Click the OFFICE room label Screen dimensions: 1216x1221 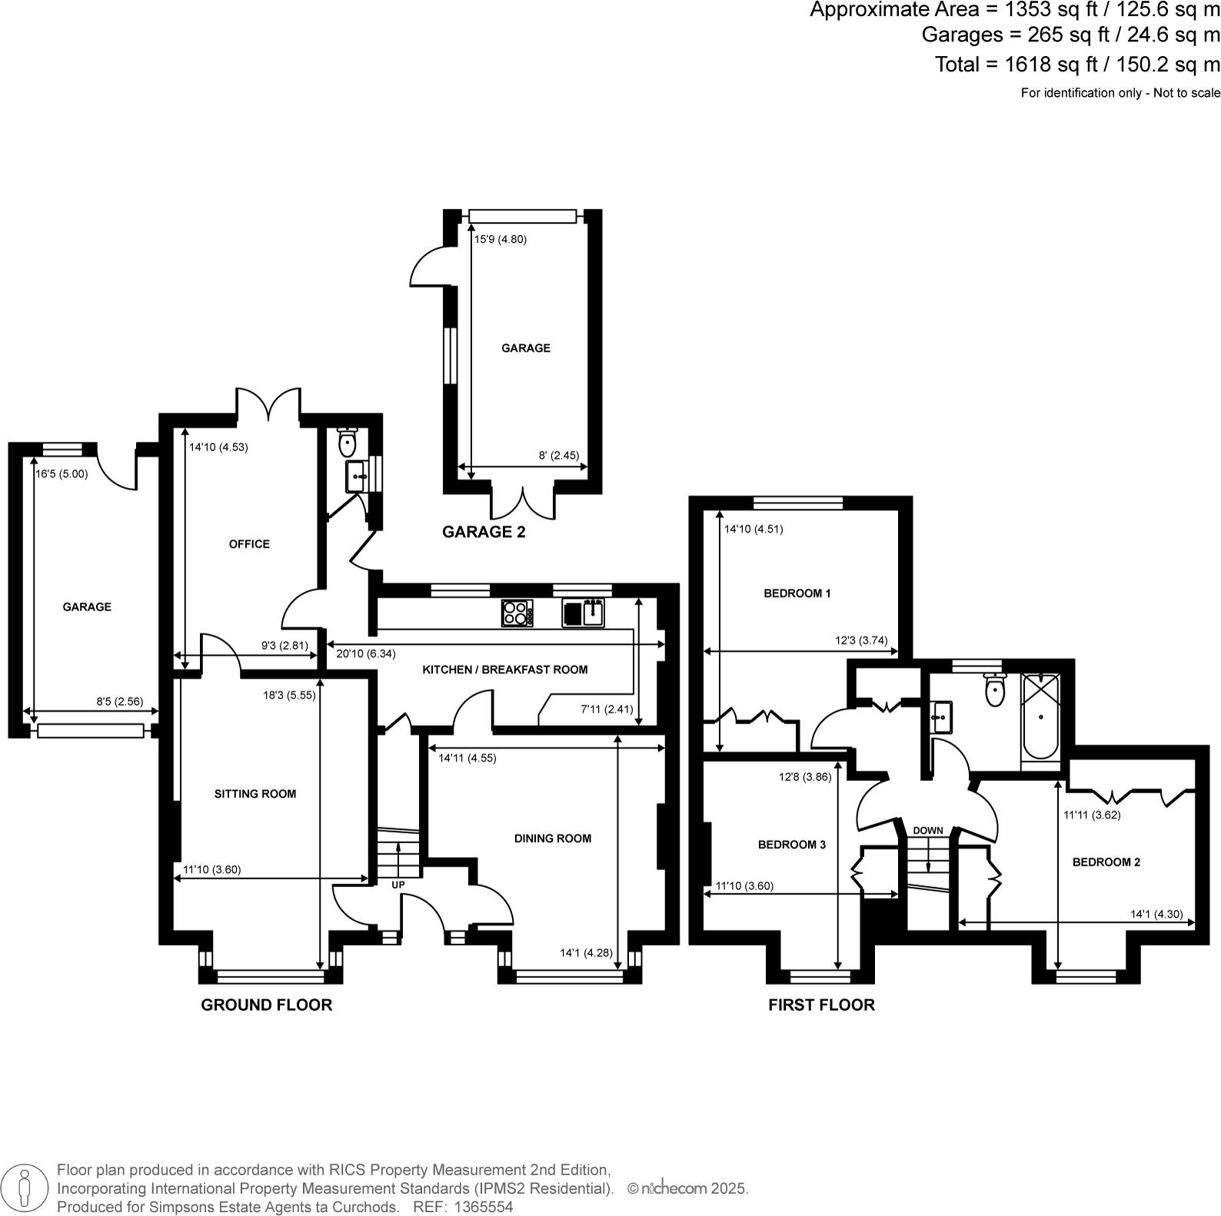coord(249,544)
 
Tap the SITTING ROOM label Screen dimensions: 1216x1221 coord(255,794)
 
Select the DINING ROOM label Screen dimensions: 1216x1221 coord(553,839)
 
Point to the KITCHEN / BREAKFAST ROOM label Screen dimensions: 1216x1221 coord(504,669)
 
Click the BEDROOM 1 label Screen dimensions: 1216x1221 coord(797,593)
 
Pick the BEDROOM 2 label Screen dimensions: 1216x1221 coord(1106,862)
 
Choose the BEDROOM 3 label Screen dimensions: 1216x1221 coord(791,845)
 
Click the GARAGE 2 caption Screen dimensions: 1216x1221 coord(484,532)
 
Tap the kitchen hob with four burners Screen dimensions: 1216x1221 coord(517,613)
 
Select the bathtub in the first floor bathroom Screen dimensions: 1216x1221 coord(1040,716)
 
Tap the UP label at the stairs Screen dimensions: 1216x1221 coord(398,885)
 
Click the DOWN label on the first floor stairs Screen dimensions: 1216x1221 coord(928,830)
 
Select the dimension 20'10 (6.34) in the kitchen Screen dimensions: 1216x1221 coord(366,654)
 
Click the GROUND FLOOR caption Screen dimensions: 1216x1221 coord(266,1005)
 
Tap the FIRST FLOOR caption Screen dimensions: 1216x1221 coord(821,1005)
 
